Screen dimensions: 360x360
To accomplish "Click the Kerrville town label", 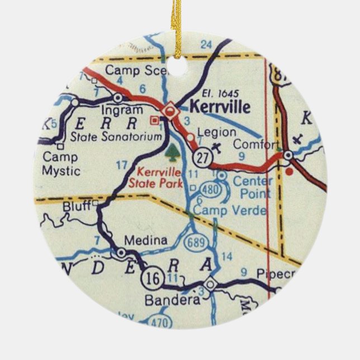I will tap(220, 106).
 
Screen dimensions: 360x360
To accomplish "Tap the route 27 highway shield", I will tap(205, 159).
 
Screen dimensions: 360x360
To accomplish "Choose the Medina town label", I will tap(145, 240).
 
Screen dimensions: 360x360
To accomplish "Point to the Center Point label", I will tap(252, 187).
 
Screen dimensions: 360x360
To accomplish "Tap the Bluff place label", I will tap(77, 206).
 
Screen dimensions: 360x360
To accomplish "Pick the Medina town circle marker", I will tap(121, 253).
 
